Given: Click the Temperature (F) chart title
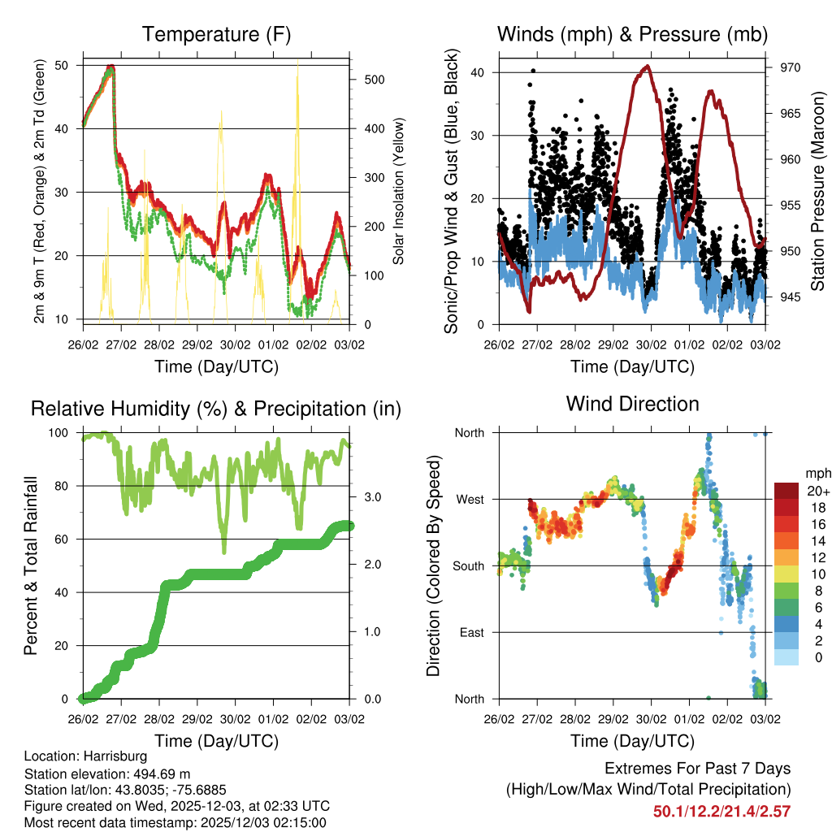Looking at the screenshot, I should [216, 34].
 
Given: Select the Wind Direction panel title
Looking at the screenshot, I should [632, 404].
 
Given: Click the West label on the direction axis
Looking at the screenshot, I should [469, 499].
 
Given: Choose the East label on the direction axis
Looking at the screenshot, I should [471, 632].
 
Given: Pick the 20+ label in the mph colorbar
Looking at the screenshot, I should [817, 491].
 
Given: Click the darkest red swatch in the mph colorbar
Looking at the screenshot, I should [786, 490].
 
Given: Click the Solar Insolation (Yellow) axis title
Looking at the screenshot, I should [399, 192].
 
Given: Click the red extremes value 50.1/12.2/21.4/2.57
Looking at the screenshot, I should [721, 811].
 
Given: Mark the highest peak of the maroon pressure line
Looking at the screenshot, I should [647, 66].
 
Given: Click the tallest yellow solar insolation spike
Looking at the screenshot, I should [297, 61].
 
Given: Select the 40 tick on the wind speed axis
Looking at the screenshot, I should [480, 72].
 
